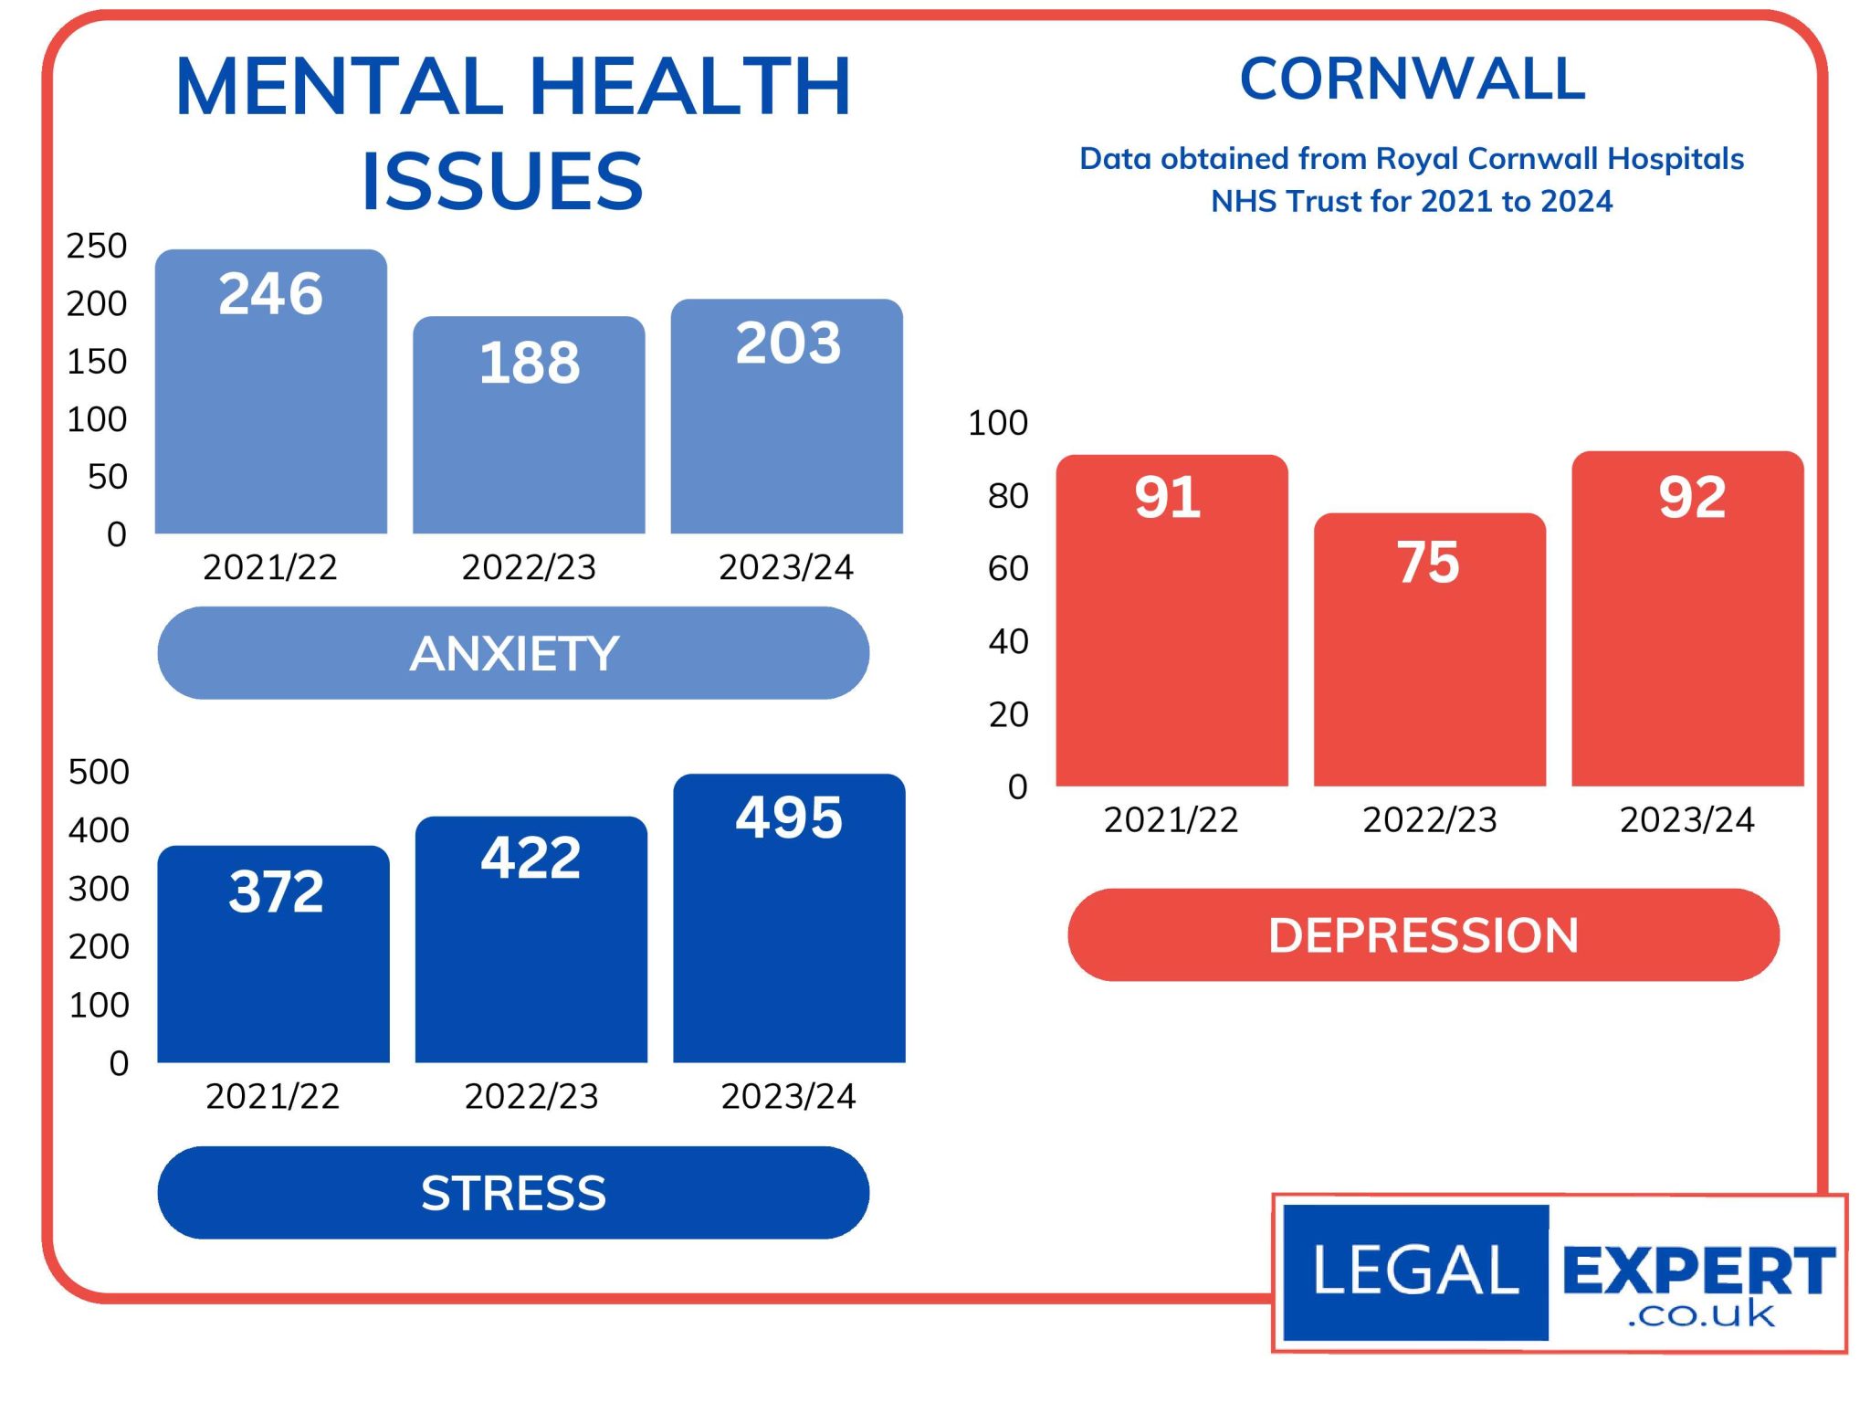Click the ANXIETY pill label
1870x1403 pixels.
513,653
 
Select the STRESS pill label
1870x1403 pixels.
513,1193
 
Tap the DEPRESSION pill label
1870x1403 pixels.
1423,935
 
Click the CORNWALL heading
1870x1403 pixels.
1412,79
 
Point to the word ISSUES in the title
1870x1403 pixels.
502,181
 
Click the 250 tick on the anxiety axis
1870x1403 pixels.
96,246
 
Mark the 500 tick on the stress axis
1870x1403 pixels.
99,772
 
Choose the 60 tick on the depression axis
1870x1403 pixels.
1008,568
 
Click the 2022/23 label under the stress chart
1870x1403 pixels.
531,1096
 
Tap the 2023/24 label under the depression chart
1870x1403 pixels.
1686,819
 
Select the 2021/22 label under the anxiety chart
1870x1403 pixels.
270,567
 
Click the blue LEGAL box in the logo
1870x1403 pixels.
1415,1271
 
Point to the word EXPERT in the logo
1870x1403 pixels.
1698,1270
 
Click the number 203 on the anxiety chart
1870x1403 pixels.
788,343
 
